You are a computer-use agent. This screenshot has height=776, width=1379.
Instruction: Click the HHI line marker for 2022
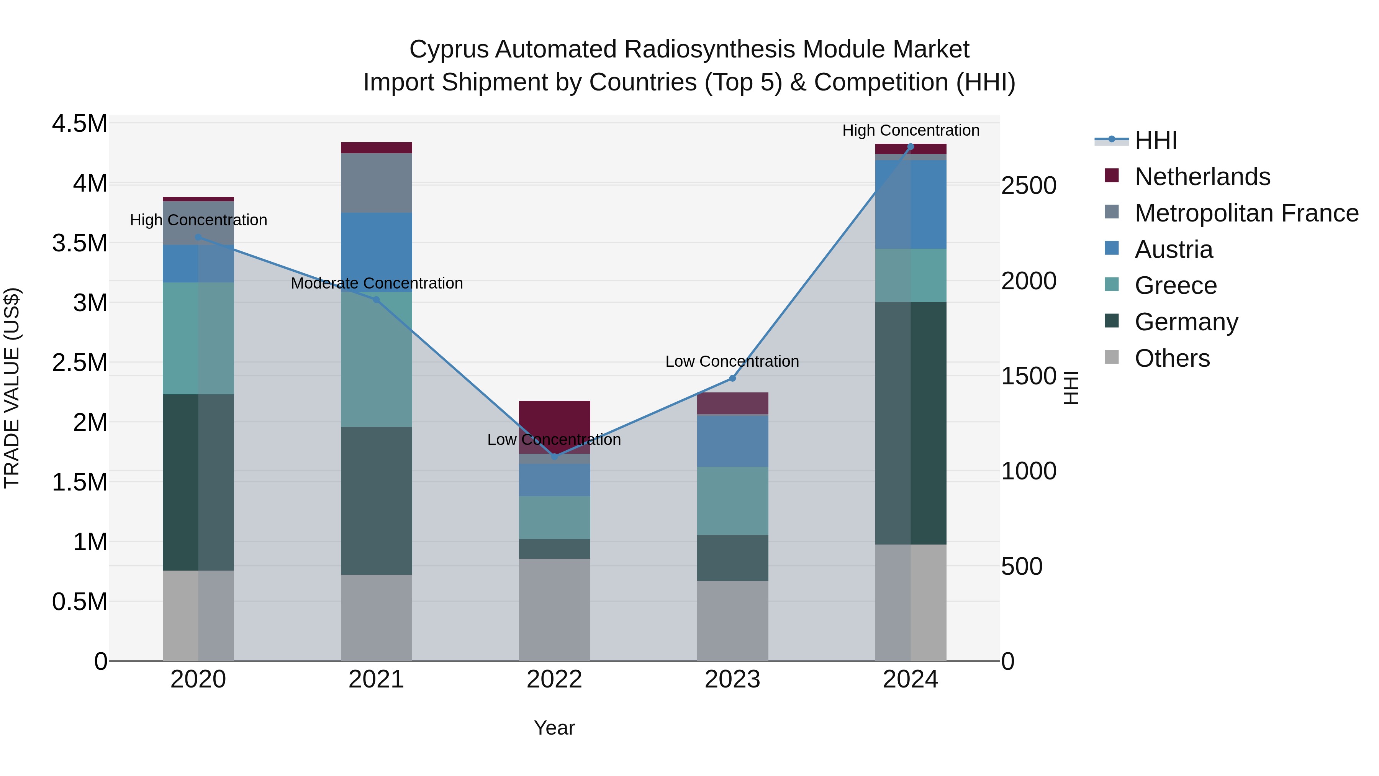click(x=555, y=457)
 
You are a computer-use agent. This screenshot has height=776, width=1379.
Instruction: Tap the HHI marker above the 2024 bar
click(x=911, y=147)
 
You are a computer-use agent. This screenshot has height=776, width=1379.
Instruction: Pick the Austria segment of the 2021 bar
click(x=376, y=252)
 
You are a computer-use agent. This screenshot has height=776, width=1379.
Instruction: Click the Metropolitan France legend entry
click(x=1246, y=213)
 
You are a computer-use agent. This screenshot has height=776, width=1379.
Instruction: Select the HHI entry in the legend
click(x=1155, y=140)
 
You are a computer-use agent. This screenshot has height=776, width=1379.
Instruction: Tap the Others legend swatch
click(x=1112, y=357)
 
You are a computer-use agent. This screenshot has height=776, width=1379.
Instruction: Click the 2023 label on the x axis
click(x=732, y=679)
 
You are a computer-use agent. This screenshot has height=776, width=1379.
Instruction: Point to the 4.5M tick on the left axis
click(x=79, y=124)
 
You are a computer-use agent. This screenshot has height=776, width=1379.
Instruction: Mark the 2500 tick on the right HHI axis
click(x=1029, y=186)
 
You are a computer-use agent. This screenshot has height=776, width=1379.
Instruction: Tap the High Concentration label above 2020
click(x=198, y=220)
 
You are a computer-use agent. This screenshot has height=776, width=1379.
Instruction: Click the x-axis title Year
click(x=554, y=728)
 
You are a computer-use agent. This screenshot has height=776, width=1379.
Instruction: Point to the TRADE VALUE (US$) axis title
click(x=12, y=388)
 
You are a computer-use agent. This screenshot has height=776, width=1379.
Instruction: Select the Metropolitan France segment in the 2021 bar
click(x=376, y=183)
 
